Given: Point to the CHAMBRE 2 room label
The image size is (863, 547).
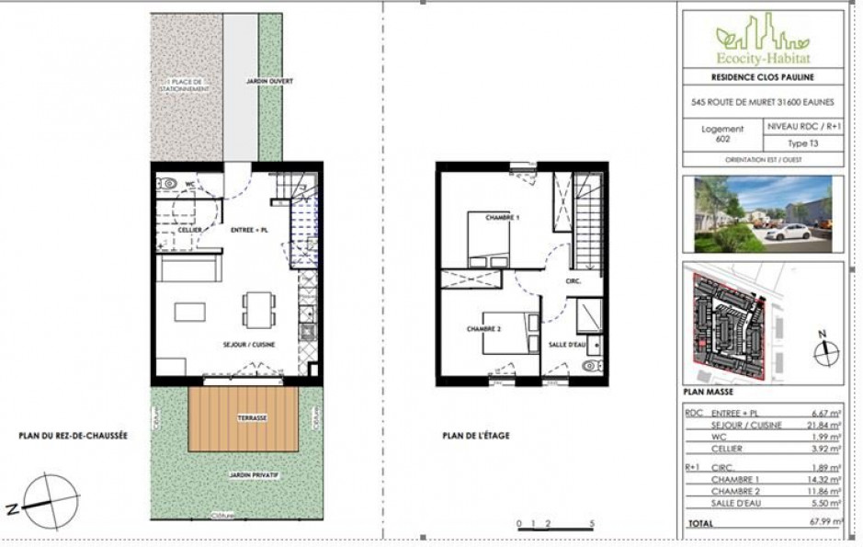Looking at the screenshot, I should tap(483, 329).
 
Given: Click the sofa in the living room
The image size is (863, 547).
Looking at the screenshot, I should tap(187, 268).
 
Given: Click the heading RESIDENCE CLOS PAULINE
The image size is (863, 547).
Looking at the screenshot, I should tap(762, 76).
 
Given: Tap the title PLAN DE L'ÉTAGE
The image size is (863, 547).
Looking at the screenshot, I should tap(475, 436).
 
